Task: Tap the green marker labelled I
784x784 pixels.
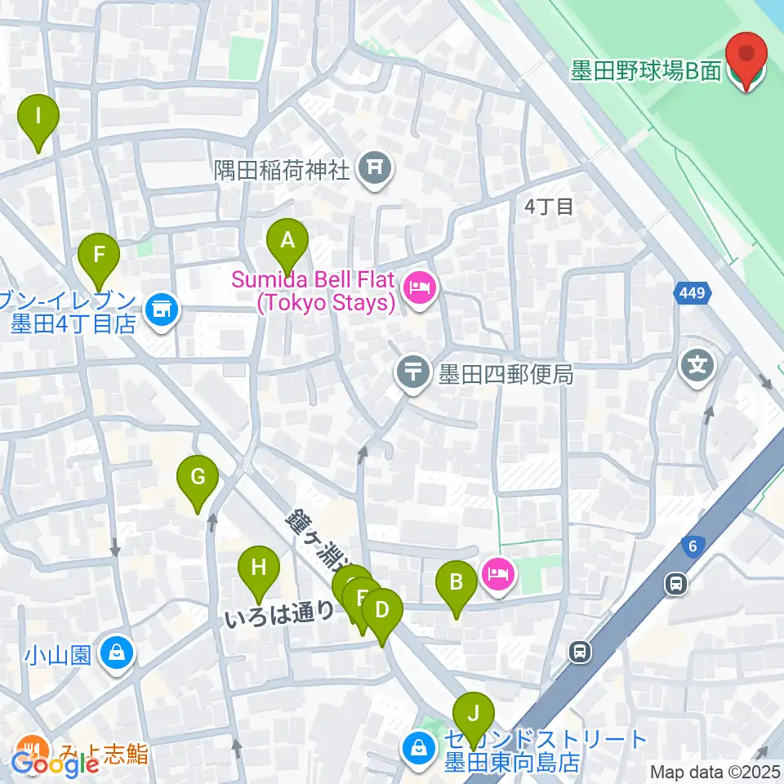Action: (38, 116)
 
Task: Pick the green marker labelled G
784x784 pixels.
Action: (198, 477)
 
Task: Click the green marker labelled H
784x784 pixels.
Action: (259, 568)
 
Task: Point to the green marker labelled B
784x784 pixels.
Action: (456, 583)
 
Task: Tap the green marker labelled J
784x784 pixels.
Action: (473, 713)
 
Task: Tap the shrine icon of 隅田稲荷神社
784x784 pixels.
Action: (376, 169)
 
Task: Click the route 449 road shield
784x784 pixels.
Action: (693, 292)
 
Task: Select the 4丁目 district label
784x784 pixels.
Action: (549, 207)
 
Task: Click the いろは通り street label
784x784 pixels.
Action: (279, 611)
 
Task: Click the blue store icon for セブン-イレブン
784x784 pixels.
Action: (162, 310)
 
